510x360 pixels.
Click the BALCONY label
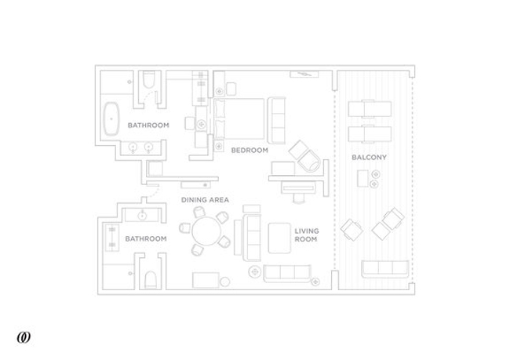[x=370, y=158]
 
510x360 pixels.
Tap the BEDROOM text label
[x=250, y=151]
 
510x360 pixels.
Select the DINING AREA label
[x=205, y=200]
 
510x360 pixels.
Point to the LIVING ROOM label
[x=306, y=235]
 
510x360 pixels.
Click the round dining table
[x=206, y=231]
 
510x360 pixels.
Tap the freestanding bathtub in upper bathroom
[x=111, y=118]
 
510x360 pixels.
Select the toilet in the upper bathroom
[x=148, y=80]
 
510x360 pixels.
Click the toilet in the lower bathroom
[x=151, y=279]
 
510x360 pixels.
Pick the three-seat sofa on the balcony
[x=385, y=269]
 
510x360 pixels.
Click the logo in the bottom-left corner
[x=24, y=337]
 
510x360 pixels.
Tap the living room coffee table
[x=279, y=238]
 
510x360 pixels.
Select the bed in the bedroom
[x=239, y=118]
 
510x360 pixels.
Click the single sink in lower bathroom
[x=142, y=215]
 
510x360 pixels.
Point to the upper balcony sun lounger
[x=370, y=108]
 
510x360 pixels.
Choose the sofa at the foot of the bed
[x=276, y=120]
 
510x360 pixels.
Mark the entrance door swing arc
[x=154, y=191]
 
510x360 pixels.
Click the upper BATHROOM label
[x=148, y=125]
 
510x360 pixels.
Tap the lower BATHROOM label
[x=146, y=238]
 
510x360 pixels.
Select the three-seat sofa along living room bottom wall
[x=287, y=274]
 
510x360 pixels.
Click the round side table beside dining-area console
[x=224, y=282]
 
